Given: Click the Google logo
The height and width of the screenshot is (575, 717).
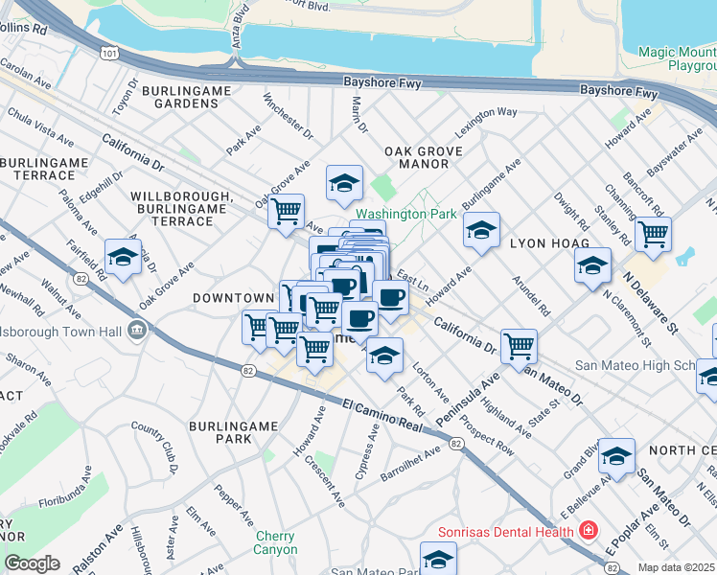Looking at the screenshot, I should point(32,563).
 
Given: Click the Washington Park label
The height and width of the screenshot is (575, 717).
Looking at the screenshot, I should point(406,214).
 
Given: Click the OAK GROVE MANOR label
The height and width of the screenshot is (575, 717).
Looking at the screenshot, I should point(423,158).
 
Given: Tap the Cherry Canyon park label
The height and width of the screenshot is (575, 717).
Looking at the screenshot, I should point(275,542).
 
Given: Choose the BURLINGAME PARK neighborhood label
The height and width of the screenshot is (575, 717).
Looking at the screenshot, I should point(220,431).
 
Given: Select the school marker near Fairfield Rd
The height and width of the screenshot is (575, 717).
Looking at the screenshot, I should point(122,257).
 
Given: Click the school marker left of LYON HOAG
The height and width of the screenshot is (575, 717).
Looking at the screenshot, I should point(482,229).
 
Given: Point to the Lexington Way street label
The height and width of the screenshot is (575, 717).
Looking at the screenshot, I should point(486,112).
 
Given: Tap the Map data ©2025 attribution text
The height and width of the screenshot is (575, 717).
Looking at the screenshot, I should point(676,567).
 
